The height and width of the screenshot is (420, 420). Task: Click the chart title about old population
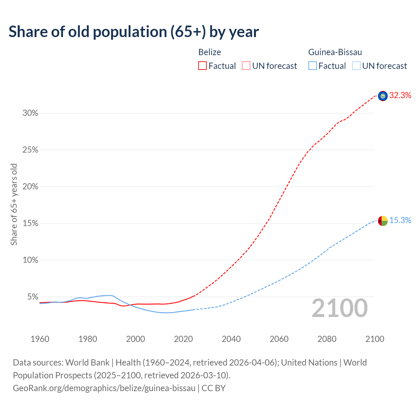[134, 32]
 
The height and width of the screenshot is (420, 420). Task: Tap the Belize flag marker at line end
[383, 96]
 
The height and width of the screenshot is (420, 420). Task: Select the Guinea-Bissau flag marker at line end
[383, 221]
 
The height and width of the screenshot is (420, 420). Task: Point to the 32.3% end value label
[400, 95]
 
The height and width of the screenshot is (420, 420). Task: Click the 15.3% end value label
[400, 220]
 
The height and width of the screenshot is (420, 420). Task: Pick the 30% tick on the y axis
[31, 113]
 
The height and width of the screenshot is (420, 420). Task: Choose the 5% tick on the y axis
[32, 297]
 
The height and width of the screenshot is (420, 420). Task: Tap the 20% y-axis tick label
[31, 187]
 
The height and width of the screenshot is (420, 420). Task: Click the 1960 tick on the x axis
[40, 339]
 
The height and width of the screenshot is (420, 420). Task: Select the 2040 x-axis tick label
[231, 339]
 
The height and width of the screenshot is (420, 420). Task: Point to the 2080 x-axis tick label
[327, 339]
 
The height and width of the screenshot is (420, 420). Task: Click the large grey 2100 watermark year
[339, 308]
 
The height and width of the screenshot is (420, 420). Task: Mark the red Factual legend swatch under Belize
[202, 66]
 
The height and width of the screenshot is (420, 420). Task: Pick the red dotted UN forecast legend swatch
[246, 66]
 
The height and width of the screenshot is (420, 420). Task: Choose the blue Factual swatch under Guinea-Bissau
[313, 66]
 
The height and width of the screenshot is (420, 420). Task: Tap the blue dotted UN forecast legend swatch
[356, 66]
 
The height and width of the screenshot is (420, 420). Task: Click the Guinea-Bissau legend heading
[335, 52]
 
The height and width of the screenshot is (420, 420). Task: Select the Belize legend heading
[210, 52]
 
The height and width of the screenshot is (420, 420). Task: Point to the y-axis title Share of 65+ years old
[14, 204]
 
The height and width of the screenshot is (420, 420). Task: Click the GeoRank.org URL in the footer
[104, 388]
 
